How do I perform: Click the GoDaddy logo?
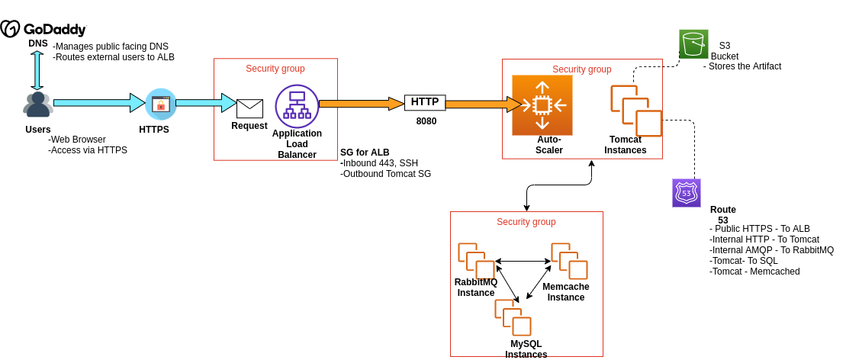[x=43, y=29]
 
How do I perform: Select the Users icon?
[x=37, y=105]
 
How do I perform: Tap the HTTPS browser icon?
[x=160, y=104]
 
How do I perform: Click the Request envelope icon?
[x=249, y=108]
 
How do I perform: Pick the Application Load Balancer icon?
[x=297, y=106]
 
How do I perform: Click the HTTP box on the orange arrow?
[x=425, y=102]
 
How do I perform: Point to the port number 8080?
[x=426, y=121]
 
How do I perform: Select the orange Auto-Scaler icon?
[x=542, y=104]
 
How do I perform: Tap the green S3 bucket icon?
[x=693, y=44]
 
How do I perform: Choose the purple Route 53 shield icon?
[x=686, y=193]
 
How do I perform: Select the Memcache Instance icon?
[x=569, y=262]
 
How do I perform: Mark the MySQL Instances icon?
[x=513, y=318]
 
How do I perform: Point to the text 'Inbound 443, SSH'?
[x=379, y=162]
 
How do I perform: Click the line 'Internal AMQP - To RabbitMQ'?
[x=771, y=249]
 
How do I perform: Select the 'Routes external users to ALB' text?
[x=114, y=57]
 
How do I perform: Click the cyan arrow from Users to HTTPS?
[x=99, y=103]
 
